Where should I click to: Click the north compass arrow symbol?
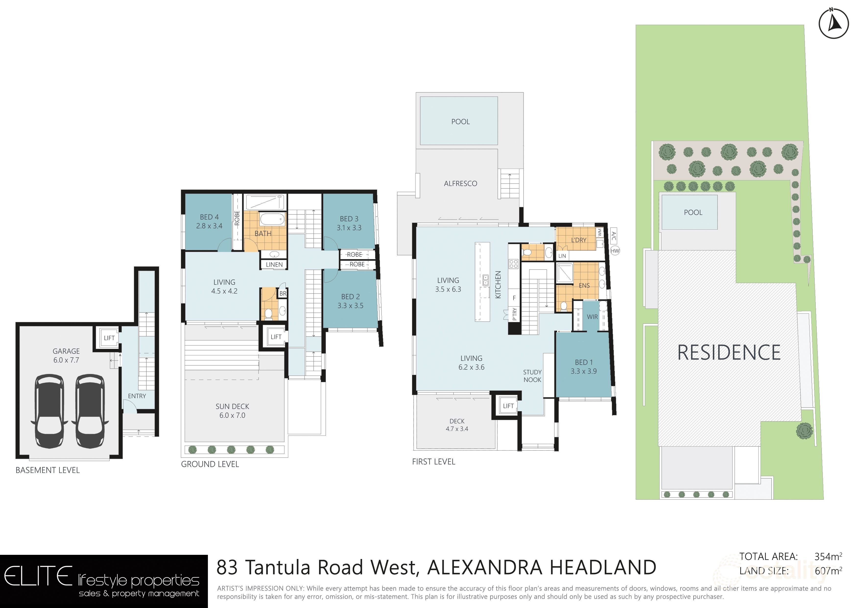click(x=834, y=24)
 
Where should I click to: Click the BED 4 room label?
click(x=209, y=221)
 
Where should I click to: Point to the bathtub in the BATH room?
click(x=272, y=219)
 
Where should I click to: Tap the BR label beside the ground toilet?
click(x=283, y=294)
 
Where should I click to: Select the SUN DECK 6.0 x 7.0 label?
click(x=232, y=411)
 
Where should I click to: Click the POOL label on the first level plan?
click(x=460, y=122)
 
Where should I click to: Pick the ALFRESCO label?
click(x=460, y=184)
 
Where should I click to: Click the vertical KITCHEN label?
click(x=498, y=285)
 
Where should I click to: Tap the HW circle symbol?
click(x=615, y=251)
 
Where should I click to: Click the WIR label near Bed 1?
click(x=592, y=317)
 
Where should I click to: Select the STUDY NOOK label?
click(x=532, y=376)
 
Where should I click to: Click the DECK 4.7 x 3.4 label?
click(x=457, y=425)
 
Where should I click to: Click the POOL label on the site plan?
click(x=693, y=212)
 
